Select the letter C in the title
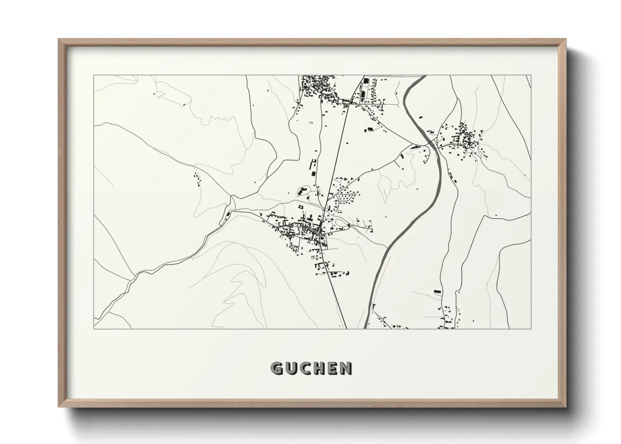click(305, 368)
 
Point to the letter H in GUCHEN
click(319, 368)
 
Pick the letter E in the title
click(332, 368)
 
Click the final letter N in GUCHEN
click(346, 368)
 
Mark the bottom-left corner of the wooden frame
click(59, 407)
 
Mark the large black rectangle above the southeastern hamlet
click(437, 291)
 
